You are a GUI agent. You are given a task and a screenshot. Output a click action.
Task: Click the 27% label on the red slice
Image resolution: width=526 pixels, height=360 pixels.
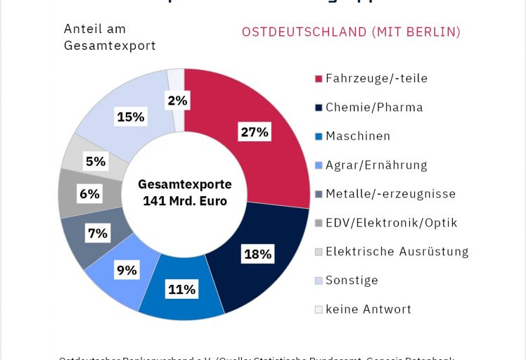click(x=253, y=132)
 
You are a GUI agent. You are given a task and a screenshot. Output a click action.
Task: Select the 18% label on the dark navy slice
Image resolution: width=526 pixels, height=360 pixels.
click(x=257, y=254)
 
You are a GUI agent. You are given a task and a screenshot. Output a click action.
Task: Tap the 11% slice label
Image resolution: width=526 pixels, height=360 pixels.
click(x=181, y=288)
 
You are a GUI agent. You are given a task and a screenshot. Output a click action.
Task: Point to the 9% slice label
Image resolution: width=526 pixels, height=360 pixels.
click(x=127, y=269)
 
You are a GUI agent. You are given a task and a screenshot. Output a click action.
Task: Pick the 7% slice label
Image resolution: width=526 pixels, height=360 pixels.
click(x=98, y=233)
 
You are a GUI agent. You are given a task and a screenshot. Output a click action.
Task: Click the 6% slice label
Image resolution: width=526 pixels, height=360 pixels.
click(x=89, y=193)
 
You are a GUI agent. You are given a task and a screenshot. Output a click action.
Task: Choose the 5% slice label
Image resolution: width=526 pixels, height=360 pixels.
click(x=95, y=162)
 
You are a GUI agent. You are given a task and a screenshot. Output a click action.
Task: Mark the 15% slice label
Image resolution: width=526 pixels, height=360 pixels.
click(x=131, y=117)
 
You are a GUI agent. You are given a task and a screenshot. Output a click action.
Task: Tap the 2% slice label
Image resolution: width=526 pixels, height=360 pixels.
click(x=177, y=101)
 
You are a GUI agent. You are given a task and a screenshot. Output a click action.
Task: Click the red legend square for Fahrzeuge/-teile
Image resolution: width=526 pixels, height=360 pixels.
click(x=319, y=79)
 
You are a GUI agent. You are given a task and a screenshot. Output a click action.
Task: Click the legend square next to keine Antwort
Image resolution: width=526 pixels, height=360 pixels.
click(x=319, y=309)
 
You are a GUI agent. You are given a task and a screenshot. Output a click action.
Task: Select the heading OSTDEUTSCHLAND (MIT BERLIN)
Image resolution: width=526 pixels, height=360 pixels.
click(x=351, y=32)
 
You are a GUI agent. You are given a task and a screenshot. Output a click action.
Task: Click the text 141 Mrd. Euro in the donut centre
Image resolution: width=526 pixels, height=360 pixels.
click(x=184, y=201)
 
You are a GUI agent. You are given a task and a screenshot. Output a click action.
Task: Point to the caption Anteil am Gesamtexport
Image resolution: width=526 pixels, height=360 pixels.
click(x=110, y=37)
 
